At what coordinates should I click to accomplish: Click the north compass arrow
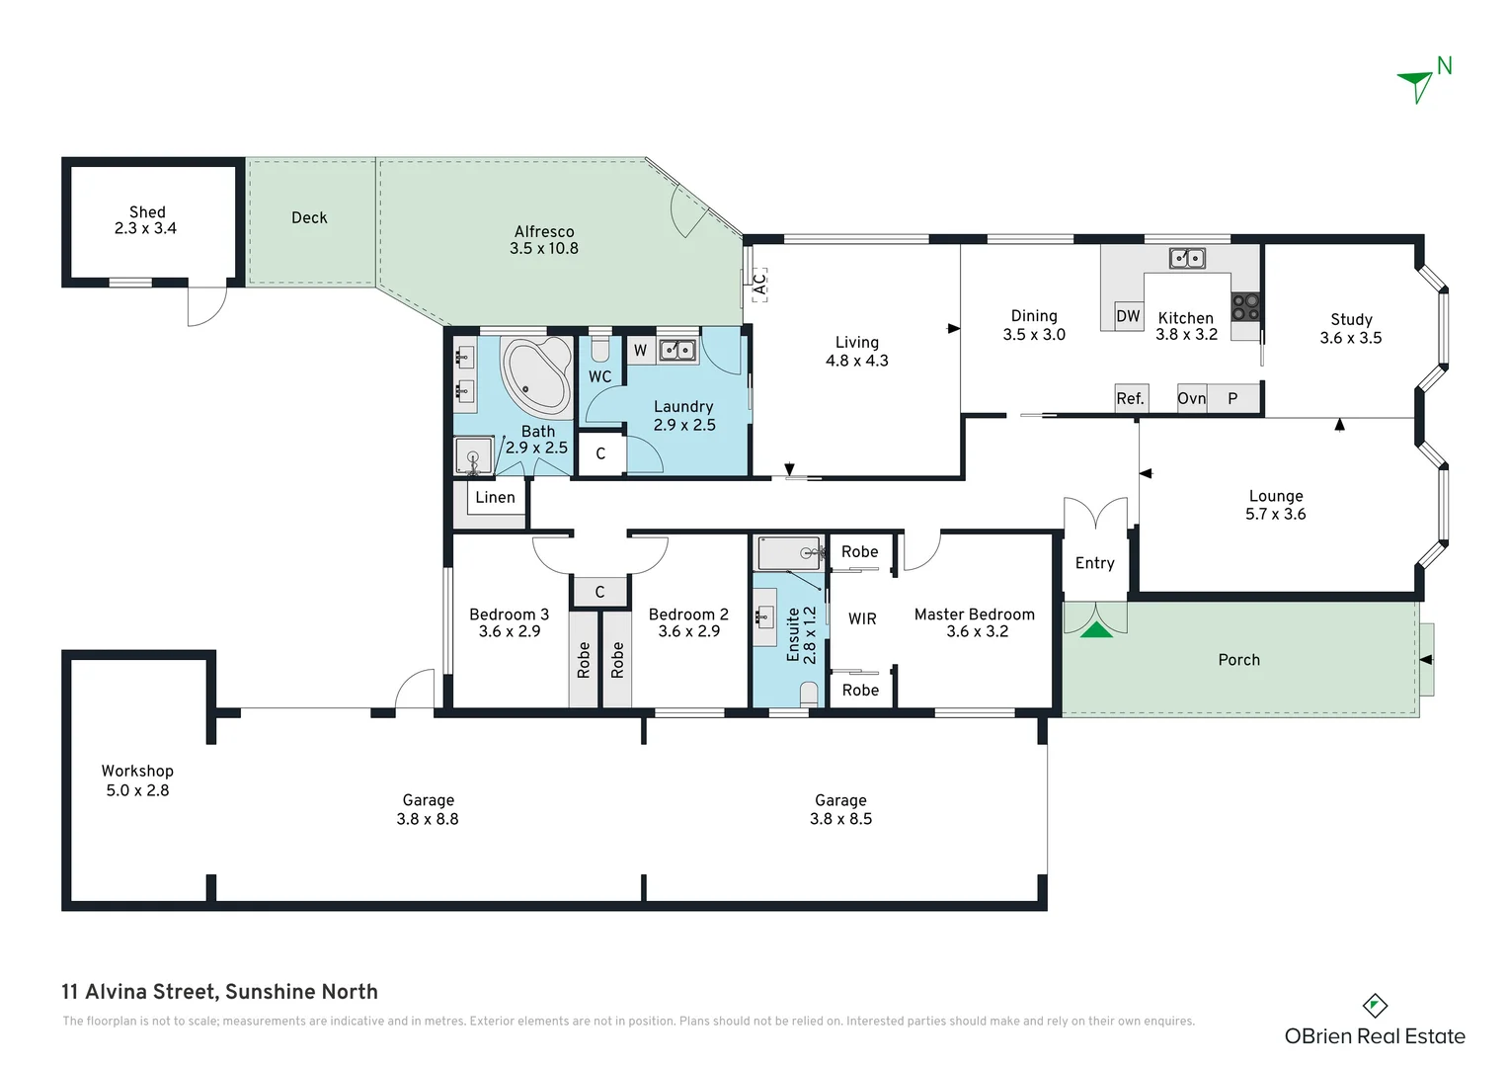tap(1417, 85)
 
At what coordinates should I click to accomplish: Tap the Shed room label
tap(147, 211)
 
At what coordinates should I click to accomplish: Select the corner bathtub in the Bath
tap(536, 375)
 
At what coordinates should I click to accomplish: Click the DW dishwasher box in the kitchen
tap(1128, 316)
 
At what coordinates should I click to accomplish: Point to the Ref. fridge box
tap(1131, 398)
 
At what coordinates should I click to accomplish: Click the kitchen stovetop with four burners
tap(1245, 306)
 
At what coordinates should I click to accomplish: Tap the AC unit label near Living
tap(758, 285)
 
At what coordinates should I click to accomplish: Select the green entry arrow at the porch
tap(1096, 629)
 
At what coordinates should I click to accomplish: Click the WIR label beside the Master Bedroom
tap(862, 618)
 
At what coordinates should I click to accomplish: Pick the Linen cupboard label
tap(495, 497)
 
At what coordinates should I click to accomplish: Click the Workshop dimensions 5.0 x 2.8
tap(137, 790)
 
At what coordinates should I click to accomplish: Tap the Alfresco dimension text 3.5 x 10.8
tap(544, 248)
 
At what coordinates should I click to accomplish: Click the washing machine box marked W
tap(640, 350)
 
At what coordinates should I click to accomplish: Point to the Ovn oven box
tap(1191, 398)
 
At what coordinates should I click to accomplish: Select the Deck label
tap(309, 217)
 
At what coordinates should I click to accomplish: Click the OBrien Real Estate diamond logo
tap(1375, 1006)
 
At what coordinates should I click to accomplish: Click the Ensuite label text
tap(793, 633)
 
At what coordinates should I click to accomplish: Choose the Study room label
tap(1351, 319)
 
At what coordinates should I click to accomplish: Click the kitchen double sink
tap(1187, 258)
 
